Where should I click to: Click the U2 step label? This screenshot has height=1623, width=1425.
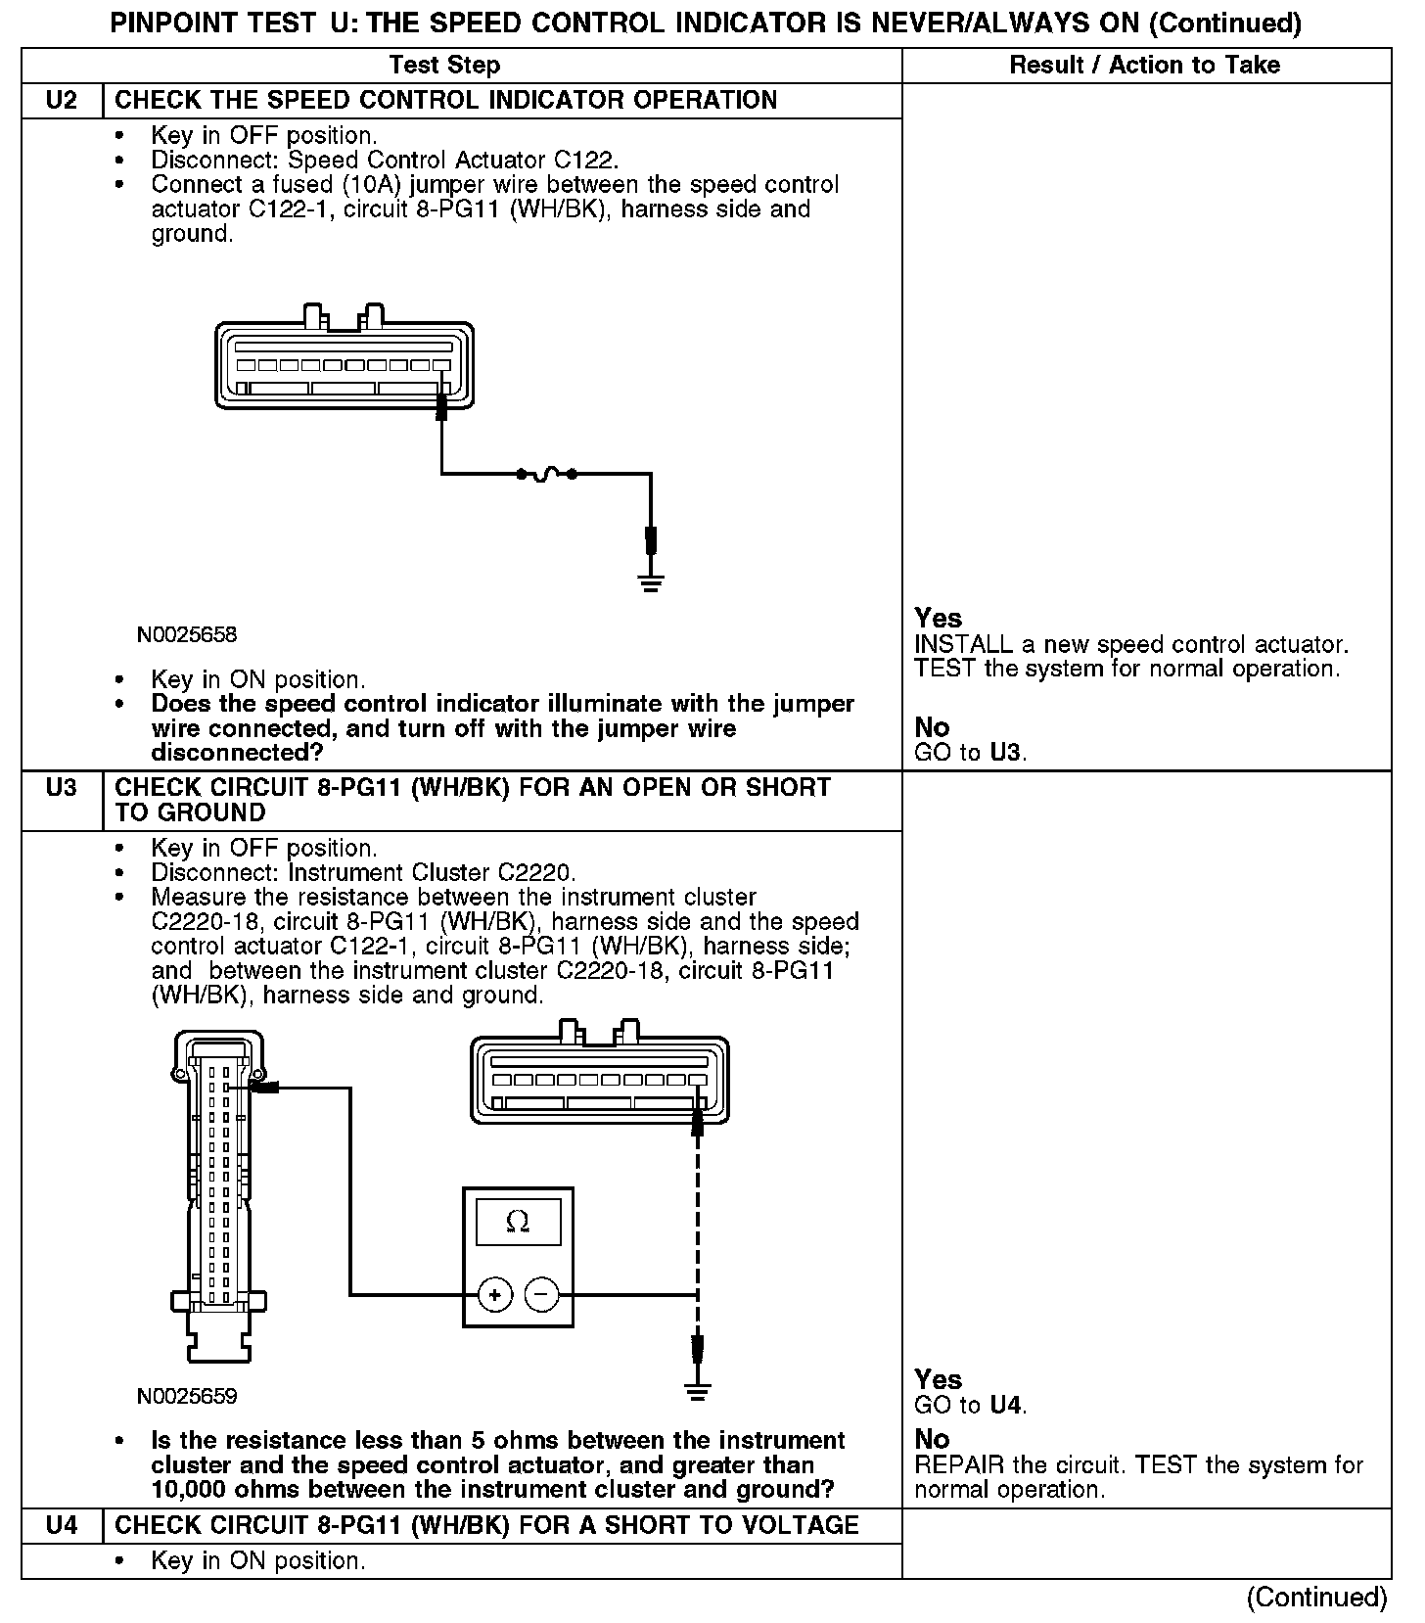(x=61, y=101)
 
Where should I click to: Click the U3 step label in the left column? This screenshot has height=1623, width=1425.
(x=61, y=788)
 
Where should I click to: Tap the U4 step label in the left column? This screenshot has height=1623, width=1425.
(x=61, y=1525)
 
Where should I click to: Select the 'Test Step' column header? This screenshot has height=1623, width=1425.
(x=444, y=66)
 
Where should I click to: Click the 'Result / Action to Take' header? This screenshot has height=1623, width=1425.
(x=1144, y=66)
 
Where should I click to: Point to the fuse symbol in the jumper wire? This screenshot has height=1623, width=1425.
(x=546, y=474)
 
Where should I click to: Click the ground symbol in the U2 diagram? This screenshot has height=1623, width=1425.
(x=651, y=584)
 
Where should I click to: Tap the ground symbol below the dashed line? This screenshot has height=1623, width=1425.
(x=697, y=1391)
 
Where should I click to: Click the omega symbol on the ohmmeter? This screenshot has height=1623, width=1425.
(x=518, y=1223)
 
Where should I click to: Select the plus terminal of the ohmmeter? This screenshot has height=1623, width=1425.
(x=495, y=1295)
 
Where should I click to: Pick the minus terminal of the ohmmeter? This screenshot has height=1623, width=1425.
(x=541, y=1295)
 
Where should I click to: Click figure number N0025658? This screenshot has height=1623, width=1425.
(x=187, y=635)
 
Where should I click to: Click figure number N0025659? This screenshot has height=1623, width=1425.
(x=187, y=1396)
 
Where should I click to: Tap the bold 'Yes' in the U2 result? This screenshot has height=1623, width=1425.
(x=938, y=619)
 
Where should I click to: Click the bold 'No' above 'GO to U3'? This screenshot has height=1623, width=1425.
(x=932, y=727)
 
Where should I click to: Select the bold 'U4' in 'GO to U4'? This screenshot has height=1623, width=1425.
(x=1005, y=1406)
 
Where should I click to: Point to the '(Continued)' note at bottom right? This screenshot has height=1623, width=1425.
(x=1316, y=1598)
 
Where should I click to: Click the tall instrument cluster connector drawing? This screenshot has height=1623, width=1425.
(x=219, y=1194)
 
